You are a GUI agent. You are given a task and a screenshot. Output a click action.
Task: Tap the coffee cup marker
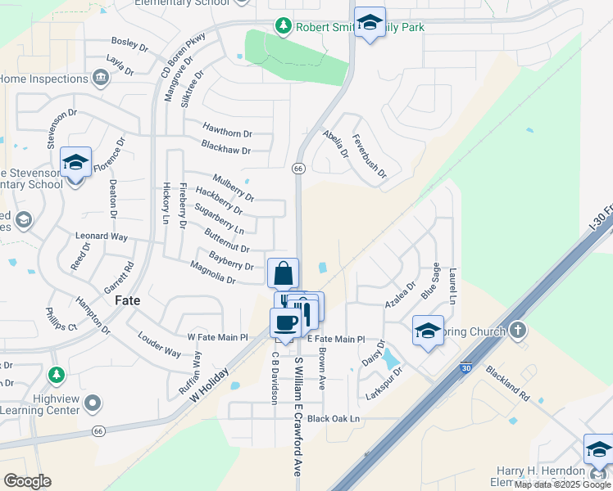point(285,322)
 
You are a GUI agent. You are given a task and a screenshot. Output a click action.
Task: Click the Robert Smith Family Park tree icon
point(283,27)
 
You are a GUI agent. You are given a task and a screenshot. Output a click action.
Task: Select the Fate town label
point(128,300)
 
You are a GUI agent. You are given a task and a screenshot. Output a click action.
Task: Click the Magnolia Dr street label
point(212,279)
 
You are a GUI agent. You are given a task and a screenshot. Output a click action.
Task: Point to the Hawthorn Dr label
point(227,133)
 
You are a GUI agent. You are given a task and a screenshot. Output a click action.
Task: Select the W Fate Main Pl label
point(217,336)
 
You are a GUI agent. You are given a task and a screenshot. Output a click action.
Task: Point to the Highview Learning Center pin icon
point(93,403)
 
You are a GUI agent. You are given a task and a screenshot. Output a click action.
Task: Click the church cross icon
point(516,330)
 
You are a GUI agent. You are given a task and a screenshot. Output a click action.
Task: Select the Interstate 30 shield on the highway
point(465,369)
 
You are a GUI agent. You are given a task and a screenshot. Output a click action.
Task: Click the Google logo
point(27,481)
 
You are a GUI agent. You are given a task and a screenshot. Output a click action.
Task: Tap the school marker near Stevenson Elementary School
point(75,163)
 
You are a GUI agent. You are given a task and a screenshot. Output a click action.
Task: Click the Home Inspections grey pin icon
point(101,79)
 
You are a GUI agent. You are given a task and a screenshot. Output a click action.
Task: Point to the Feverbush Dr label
point(368,156)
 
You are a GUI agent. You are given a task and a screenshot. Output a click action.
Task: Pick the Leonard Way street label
point(102,236)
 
